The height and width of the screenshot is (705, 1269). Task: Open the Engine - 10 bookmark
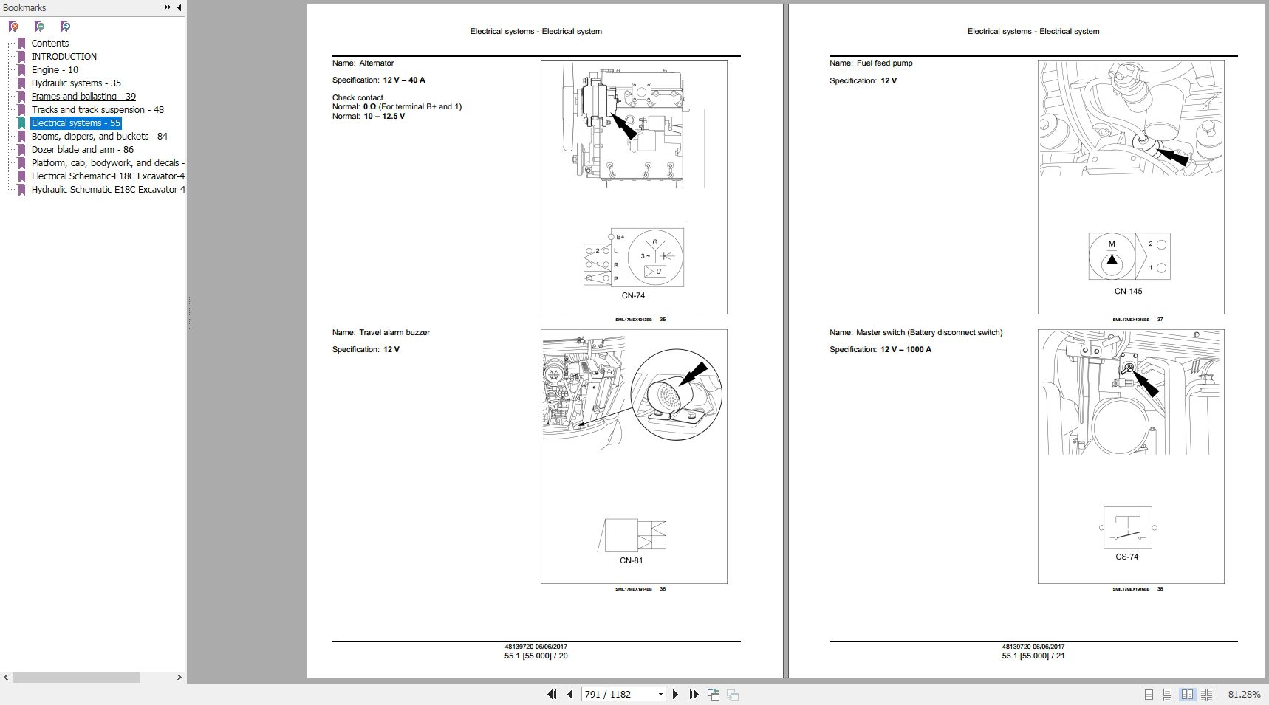[x=55, y=70]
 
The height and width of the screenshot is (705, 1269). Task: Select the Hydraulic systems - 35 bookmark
[x=76, y=83]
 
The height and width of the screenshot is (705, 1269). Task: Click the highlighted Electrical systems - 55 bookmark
[x=76, y=123]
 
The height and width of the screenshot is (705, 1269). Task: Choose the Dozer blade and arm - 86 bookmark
[x=83, y=150]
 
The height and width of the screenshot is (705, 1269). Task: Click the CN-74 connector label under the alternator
[x=633, y=296]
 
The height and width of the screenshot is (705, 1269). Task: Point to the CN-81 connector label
[x=631, y=561]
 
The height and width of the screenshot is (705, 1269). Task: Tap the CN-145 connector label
[x=1128, y=292]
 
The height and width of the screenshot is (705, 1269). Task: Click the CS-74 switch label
[x=1126, y=557]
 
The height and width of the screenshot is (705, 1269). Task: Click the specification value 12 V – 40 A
[x=404, y=80]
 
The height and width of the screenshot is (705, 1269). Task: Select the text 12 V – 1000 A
[x=906, y=350]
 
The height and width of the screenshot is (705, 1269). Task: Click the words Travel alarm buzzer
[x=394, y=333]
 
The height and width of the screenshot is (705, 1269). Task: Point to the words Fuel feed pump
[x=884, y=63]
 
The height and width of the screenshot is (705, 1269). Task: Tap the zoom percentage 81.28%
[x=1244, y=695]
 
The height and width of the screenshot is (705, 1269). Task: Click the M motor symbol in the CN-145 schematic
[x=1112, y=244]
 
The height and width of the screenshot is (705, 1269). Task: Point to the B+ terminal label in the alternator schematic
[x=620, y=238]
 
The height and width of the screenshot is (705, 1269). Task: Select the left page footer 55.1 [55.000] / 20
[x=536, y=656]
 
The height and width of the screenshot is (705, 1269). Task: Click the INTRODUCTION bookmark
[x=64, y=57]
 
